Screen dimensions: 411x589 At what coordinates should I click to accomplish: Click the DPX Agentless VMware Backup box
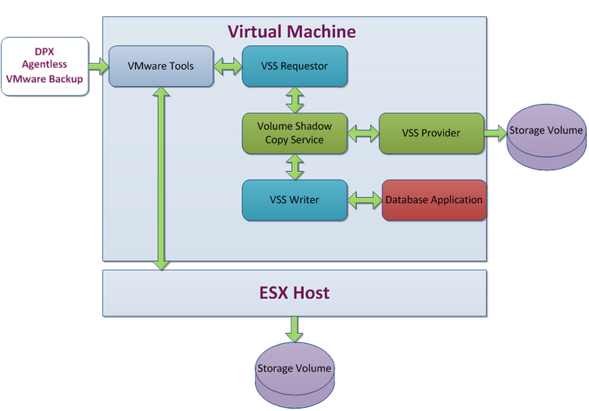45,66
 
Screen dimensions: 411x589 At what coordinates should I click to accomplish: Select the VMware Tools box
160,66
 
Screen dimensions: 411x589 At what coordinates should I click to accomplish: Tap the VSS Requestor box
294,66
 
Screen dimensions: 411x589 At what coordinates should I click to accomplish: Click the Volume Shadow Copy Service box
294,133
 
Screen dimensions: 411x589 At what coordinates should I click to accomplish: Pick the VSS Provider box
430,133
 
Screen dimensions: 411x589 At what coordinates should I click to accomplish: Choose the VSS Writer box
294,200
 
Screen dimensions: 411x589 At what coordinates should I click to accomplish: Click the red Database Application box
434,200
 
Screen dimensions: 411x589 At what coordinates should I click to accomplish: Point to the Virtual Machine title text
291,32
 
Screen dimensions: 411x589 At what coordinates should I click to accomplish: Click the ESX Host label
294,294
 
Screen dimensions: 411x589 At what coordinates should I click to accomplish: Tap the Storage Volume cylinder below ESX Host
294,372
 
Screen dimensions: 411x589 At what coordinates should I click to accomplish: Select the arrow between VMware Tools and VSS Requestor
228,66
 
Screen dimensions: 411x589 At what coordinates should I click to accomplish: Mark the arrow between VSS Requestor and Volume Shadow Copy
294,99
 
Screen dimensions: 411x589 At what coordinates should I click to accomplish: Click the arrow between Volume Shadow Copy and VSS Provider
362,133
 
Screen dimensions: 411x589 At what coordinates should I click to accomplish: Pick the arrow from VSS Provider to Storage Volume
496,133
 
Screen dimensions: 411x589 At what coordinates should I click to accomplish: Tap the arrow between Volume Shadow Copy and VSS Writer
294,166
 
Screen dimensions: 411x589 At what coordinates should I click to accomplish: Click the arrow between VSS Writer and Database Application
364,200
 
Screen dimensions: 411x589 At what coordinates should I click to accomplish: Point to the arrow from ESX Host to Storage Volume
294,329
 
